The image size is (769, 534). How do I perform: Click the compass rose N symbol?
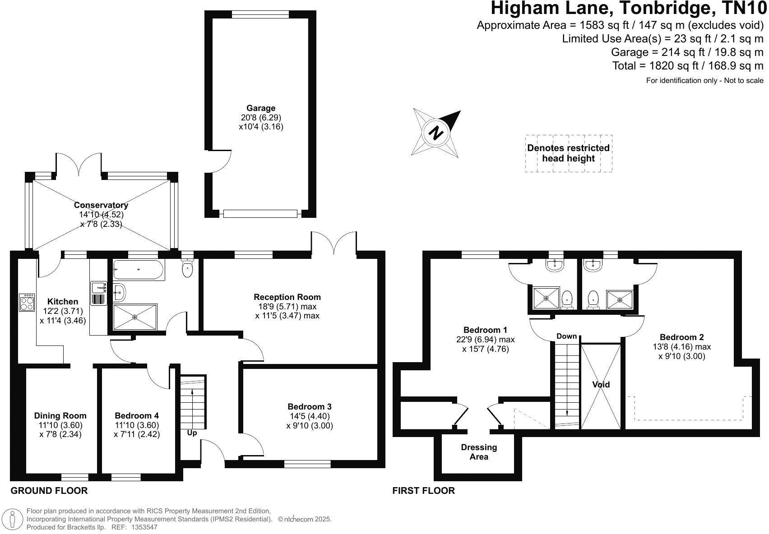coord(436,133)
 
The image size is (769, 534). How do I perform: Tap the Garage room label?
coord(260,108)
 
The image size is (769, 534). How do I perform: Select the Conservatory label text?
coord(101,205)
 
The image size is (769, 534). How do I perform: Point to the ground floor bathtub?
coord(138,270)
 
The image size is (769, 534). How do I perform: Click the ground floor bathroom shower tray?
coord(134,317)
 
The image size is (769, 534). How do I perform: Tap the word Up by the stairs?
coord(192,433)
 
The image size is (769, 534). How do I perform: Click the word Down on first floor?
coord(566,336)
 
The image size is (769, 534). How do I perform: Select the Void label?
coord(601,385)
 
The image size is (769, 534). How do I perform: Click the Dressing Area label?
coord(479,452)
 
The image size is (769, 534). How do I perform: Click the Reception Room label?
coord(287,297)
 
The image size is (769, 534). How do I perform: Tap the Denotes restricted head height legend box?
coord(568,153)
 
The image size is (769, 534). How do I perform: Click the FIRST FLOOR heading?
coord(423,491)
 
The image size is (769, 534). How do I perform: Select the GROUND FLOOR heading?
coord(49,491)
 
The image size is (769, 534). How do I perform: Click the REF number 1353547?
coord(144,527)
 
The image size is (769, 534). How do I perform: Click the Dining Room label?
coord(60,416)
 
